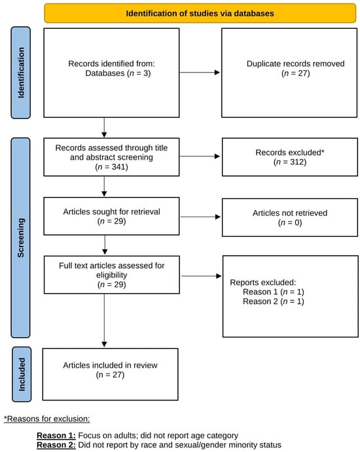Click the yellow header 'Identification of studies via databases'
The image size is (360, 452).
point(200,13)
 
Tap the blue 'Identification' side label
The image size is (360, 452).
point(21,73)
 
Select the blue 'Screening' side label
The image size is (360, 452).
point(21,237)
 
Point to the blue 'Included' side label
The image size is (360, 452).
point(22,374)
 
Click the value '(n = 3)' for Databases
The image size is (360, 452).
point(139,73)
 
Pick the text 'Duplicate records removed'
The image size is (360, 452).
point(295,63)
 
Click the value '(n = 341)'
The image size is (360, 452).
point(112,167)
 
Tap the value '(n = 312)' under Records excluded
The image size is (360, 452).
point(290,162)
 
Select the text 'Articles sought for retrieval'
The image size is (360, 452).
point(112,211)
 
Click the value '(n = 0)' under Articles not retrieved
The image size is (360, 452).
point(290,222)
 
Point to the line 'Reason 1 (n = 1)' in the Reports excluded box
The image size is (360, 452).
point(274,292)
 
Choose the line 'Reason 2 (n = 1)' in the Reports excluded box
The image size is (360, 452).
point(274,302)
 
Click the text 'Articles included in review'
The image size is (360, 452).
point(110,365)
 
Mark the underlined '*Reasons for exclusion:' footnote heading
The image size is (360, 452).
point(46,419)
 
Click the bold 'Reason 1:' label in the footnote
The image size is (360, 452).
point(56,435)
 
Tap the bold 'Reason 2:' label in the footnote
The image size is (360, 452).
point(56,445)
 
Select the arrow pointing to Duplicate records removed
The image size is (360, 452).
point(200,73)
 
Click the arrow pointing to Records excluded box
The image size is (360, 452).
point(200,156)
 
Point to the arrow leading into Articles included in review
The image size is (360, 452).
point(104,321)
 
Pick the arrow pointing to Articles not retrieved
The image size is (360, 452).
point(200,217)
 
